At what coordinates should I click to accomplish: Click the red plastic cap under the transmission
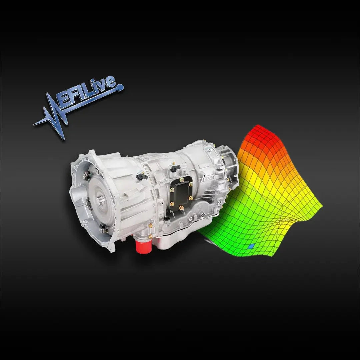(143, 246)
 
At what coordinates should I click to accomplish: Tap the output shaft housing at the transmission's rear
(230, 160)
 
